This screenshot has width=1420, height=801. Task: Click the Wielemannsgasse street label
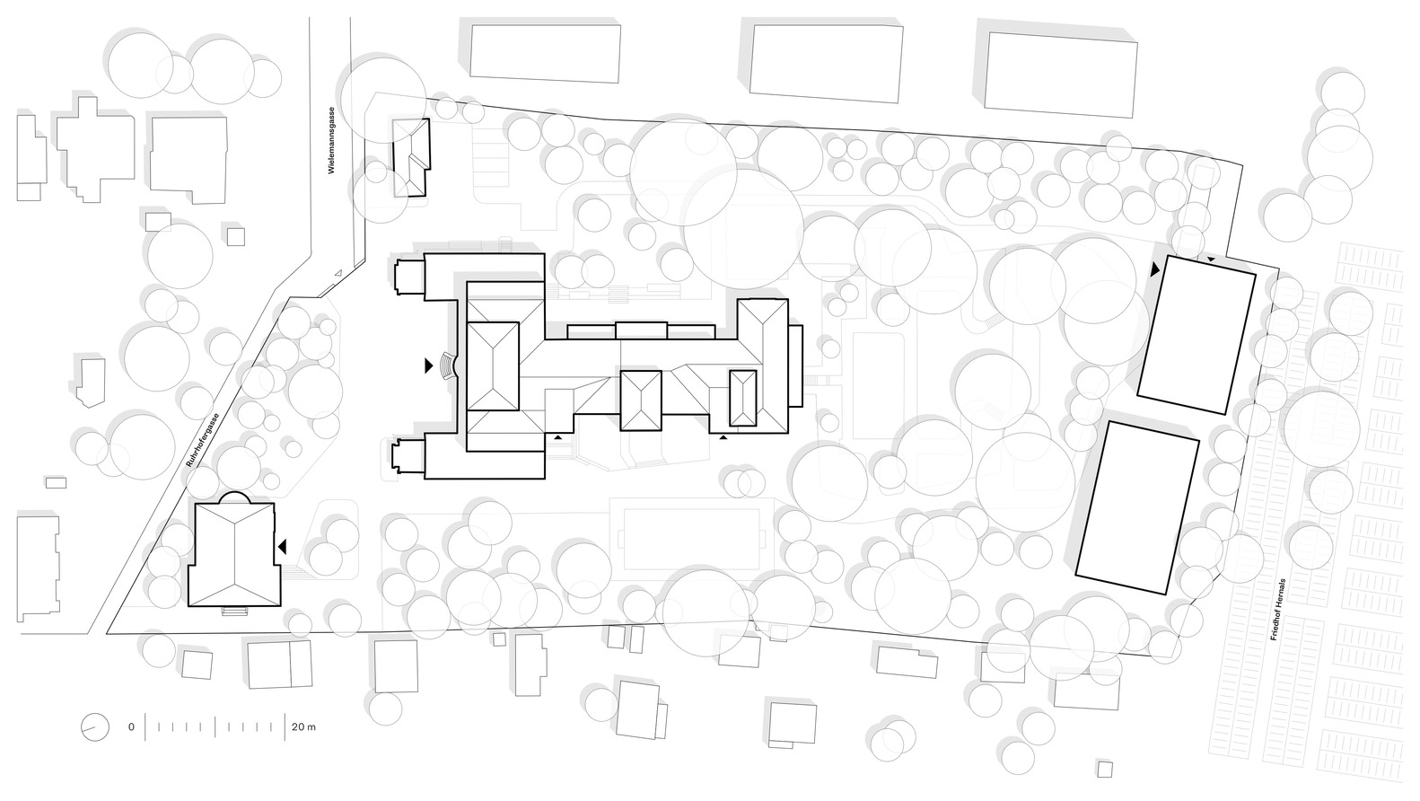click(331, 140)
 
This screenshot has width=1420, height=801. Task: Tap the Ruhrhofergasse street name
click(204, 441)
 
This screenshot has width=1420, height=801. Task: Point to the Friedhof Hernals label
click(1277, 610)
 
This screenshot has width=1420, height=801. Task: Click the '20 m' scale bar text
click(303, 726)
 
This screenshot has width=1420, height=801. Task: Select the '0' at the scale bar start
click(131, 726)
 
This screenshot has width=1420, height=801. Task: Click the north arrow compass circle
click(95, 726)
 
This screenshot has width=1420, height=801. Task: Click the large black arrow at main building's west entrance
click(428, 365)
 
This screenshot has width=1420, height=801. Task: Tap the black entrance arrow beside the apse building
click(282, 547)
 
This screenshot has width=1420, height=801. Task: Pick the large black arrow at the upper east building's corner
click(1155, 269)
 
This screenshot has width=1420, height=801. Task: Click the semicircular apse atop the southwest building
click(234, 497)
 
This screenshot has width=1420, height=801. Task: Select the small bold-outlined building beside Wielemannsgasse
click(411, 157)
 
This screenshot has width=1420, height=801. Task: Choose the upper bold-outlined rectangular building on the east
click(1196, 335)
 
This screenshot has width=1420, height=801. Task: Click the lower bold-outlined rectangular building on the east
click(1137, 508)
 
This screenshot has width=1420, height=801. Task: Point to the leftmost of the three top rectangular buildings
click(545, 54)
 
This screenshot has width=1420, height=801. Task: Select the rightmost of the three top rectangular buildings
click(1061, 75)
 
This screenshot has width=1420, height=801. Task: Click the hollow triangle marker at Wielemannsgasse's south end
click(337, 273)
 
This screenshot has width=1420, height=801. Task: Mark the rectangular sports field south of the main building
click(692, 540)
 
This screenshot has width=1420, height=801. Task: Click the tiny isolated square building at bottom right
click(1104, 770)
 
